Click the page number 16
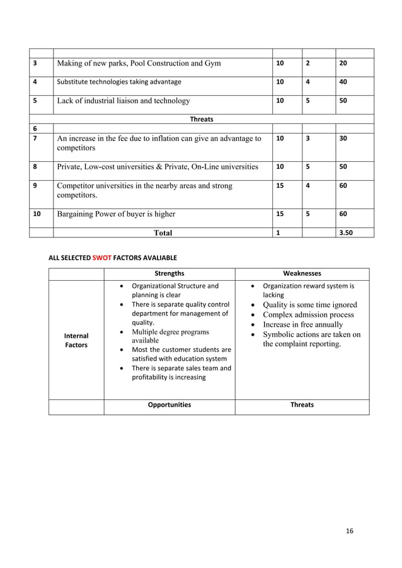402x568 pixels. coord(350,531)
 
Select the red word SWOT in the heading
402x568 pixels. coord(101,258)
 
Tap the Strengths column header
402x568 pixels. coord(169,274)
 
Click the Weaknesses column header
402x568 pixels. coord(302,274)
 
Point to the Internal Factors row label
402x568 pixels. coord(76,341)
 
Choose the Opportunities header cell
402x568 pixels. coord(169,405)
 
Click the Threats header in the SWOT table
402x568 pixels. coord(302,405)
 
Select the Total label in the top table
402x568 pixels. coord(163,232)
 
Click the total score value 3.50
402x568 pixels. coord(346,232)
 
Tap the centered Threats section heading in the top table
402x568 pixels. coord(201,118)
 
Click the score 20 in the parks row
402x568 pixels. coord(343,63)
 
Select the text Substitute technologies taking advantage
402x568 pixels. coord(118,82)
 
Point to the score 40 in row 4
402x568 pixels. coord(343,82)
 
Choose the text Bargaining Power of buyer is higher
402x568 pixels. coord(116,214)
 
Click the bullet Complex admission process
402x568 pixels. coord(308,314)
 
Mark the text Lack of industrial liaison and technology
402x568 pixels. coord(123,100)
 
